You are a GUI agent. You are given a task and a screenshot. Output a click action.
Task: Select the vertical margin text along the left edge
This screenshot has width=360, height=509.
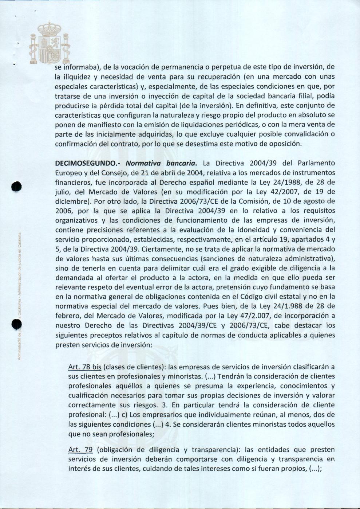coord(20,295)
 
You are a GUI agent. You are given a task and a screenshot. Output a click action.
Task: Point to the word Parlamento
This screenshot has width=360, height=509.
coord(316,163)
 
